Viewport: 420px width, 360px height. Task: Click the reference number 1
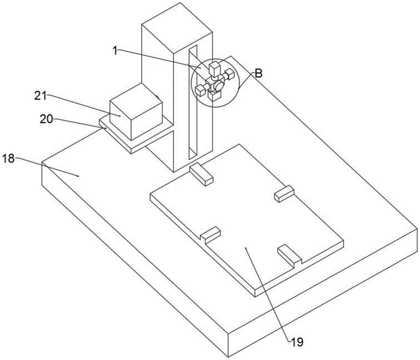tap(114, 50)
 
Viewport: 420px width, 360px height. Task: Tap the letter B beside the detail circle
tap(259, 73)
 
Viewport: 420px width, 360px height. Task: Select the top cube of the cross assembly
tap(215, 68)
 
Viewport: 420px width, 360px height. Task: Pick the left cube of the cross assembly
tap(200, 89)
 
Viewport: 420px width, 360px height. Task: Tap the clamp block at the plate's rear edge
tap(202, 174)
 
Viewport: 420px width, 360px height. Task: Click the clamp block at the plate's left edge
tap(210, 234)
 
